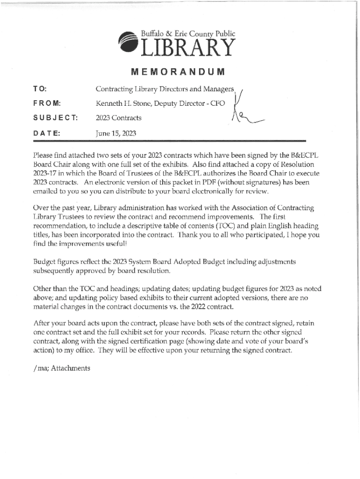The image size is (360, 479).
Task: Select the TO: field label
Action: click(40, 89)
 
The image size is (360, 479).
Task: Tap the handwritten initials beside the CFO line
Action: click(243, 112)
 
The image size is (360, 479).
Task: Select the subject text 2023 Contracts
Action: click(118, 118)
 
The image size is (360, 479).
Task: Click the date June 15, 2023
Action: click(115, 133)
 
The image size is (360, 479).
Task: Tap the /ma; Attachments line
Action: click(62, 368)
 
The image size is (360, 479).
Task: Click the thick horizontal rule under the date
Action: click(169, 141)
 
